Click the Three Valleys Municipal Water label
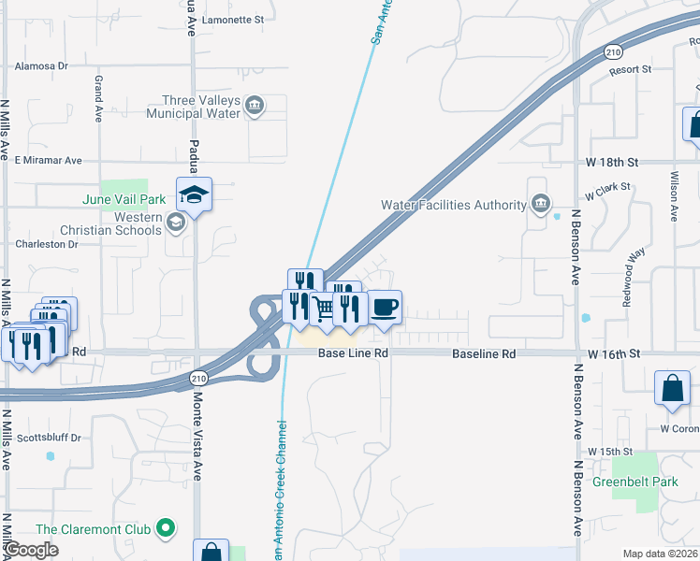[x=192, y=108]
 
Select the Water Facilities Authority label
[x=454, y=205]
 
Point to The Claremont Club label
[x=94, y=529]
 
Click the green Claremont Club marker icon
[x=166, y=529]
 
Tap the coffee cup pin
[x=385, y=307]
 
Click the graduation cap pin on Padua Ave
[x=194, y=195]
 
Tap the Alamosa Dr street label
[x=42, y=66]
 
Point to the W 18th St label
[x=612, y=162]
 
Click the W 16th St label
[x=613, y=354]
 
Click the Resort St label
[x=629, y=70]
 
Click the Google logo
[x=32, y=550]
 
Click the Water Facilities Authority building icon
[x=541, y=204]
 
